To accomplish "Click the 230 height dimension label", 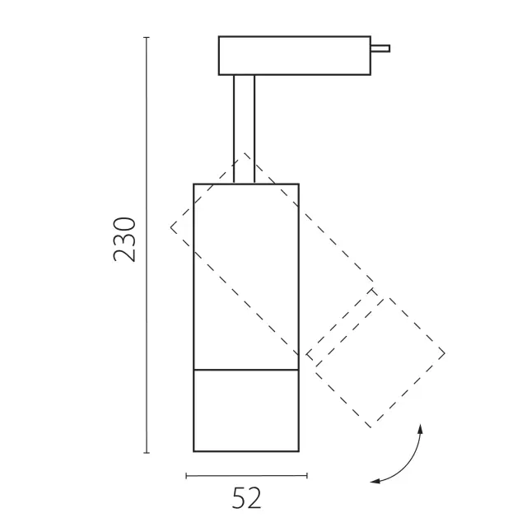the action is pyautogui.click(x=124, y=240).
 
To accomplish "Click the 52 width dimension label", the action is pyautogui.click(x=246, y=498).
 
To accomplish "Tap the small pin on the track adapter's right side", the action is pyautogui.click(x=380, y=49).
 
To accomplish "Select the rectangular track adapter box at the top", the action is pyautogui.click(x=295, y=55).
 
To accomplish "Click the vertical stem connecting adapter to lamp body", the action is pyautogui.click(x=244, y=129).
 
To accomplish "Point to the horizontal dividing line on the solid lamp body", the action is pyautogui.click(x=246, y=370).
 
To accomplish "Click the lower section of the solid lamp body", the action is pyautogui.click(x=246, y=411).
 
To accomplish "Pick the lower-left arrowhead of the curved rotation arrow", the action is pyautogui.click(x=375, y=481).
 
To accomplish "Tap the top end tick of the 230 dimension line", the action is pyautogui.click(x=147, y=37).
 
